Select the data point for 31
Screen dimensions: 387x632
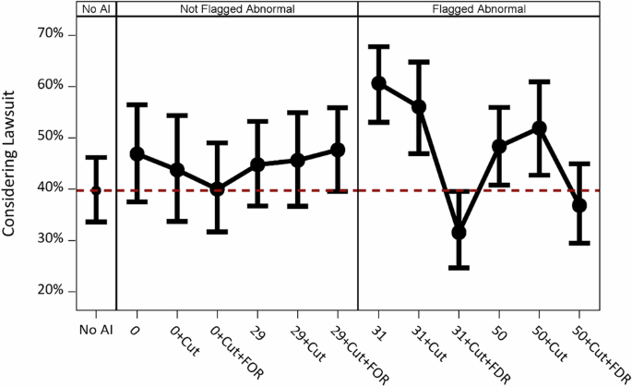tap(378, 83)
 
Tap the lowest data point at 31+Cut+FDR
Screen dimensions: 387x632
tap(459, 233)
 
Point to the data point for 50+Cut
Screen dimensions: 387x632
tap(540, 127)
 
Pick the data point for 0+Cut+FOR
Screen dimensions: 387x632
tap(217, 188)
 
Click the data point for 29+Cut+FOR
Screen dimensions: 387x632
tap(338, 149)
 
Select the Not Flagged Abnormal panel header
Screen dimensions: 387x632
tap(236, 8)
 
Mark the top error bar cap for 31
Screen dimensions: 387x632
tap(378, 46)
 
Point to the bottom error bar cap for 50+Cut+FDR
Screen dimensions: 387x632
tap(579, 243)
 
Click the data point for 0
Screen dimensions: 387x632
tap(137, 153)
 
